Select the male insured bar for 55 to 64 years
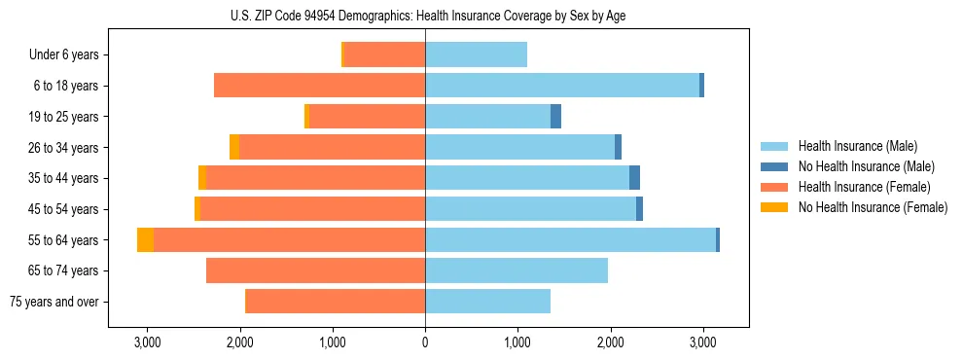point(570,239)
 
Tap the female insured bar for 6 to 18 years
point(319,86)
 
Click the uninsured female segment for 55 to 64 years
point(145,239)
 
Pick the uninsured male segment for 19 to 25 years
point(555,117)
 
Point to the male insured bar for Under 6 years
point(476,54)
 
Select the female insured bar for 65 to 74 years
point(315,270)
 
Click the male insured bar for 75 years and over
point(487,302)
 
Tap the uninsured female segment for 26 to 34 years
point(234,147)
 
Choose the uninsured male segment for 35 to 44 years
point(634,178)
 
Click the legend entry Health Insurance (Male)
point(857,146)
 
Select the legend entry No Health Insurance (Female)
point(873,207)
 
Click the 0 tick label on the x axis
point(425,342)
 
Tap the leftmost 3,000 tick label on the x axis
point(147,342)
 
